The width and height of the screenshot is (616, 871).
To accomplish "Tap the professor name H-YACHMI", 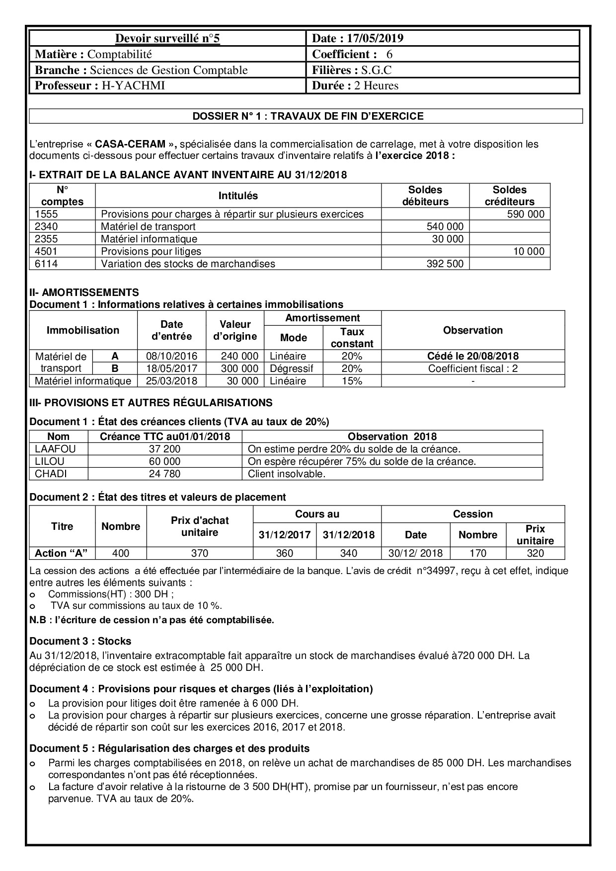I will (133, 86).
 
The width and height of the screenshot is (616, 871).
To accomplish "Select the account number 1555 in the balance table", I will (47, 214).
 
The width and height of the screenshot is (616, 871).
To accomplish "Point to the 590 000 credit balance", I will (526, 214).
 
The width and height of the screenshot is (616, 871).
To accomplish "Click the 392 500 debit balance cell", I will (445, 264).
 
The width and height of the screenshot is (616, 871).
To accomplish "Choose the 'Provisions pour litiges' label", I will (151, 251).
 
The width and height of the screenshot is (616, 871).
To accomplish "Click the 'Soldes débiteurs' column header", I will (425, 196).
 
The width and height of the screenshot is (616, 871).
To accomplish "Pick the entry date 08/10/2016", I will (171, 356).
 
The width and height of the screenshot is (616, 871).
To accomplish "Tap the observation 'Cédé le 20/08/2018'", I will (473, 356).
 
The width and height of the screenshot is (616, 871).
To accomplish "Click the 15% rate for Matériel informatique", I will (352, 381).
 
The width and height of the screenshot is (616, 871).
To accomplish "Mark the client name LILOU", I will (50, 461).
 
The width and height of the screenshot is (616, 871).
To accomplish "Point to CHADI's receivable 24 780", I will (164, 474).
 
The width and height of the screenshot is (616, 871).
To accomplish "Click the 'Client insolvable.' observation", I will (287, 474).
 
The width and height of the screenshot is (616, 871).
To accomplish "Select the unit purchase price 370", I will (200, 553).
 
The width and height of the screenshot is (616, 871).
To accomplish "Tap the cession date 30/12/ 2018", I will (416, 553).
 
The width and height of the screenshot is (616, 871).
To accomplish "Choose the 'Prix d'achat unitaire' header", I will (200, 526).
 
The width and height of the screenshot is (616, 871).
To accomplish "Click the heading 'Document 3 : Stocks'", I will (80, 641).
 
